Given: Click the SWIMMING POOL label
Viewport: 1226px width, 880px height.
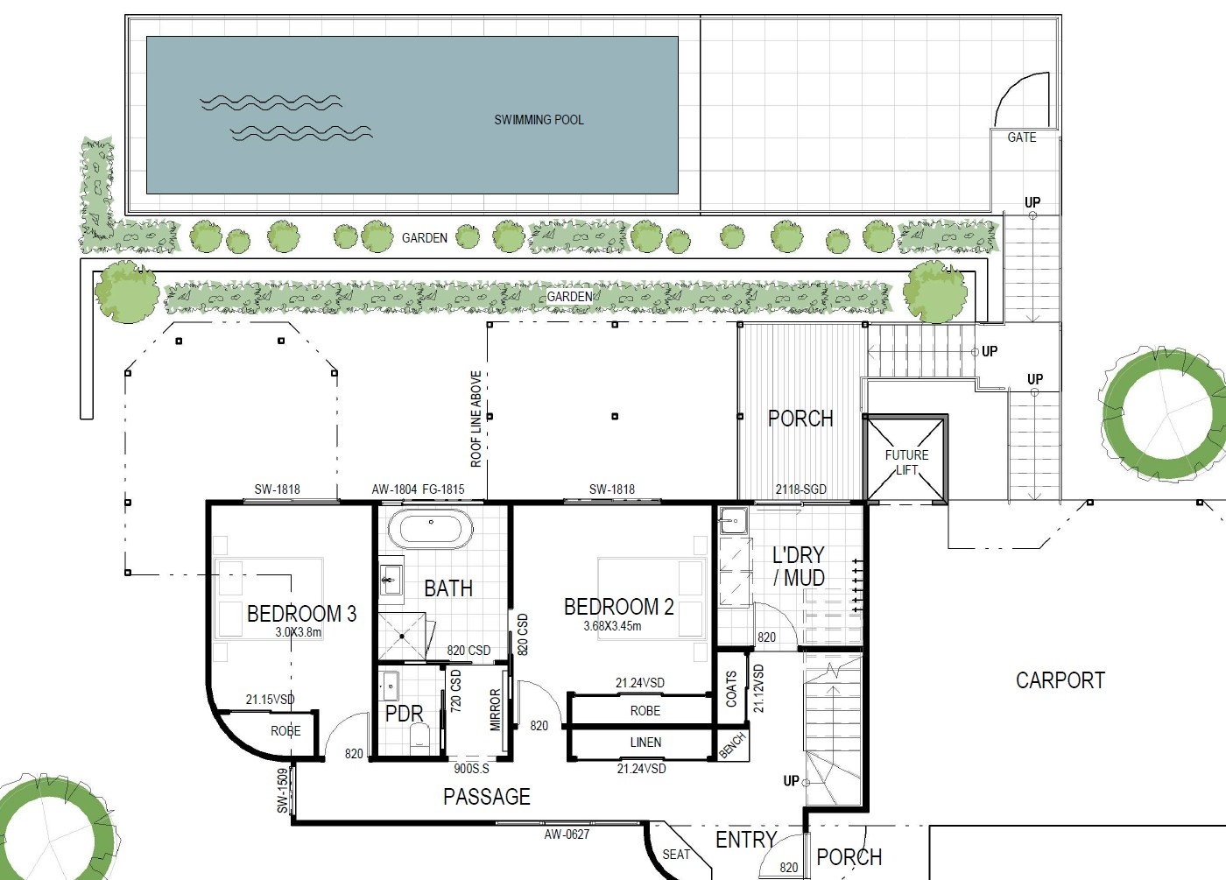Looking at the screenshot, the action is point(539,120).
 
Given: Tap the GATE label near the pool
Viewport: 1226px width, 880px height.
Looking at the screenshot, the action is point(1022,137).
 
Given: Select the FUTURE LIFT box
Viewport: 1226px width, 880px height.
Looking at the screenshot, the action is point(905,459).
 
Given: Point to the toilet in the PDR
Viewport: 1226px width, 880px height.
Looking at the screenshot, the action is point(419,736).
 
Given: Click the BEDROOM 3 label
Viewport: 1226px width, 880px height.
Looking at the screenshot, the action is point(301,614).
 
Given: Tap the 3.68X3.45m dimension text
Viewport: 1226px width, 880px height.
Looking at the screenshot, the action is point(612,626).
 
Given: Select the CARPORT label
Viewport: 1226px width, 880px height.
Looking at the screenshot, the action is point(1060,680).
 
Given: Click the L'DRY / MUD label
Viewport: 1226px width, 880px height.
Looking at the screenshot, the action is point(799,567).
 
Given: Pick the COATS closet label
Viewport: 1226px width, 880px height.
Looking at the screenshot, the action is point(731,689).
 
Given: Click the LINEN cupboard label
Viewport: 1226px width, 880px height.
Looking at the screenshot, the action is point(646,743).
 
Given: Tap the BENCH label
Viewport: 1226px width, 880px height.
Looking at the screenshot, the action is point(732,745).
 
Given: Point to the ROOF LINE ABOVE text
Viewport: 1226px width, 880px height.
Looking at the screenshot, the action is point(476,419).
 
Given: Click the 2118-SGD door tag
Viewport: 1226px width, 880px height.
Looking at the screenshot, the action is point(800,489).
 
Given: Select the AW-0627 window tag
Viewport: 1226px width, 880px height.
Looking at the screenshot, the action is point(567,834).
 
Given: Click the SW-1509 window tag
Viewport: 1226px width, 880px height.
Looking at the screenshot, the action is point(282,790).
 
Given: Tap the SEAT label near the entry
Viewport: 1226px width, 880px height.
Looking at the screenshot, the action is point(676,855).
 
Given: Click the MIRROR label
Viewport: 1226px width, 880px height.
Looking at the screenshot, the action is point(496,709).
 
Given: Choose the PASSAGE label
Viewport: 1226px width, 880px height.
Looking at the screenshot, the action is point(487,797).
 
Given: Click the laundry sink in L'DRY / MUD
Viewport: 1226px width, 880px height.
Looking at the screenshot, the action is point(733,520).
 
